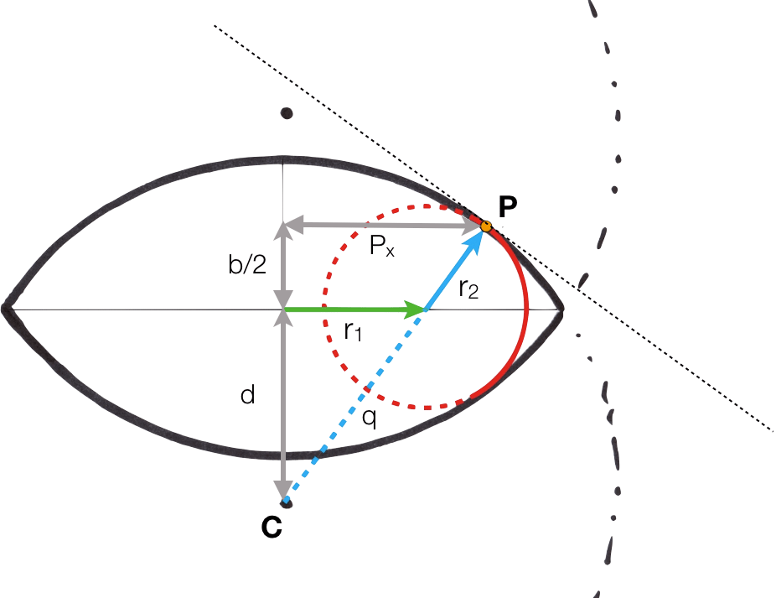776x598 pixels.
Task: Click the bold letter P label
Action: pos(508,206)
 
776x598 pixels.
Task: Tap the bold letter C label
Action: pos(272,527)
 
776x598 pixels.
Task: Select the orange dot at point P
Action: pos(486,227)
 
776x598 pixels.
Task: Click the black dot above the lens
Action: pos(287,113)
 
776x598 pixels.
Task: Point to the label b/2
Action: pos(247,263)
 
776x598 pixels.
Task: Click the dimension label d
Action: pos(247,395)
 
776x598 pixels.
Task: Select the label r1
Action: pos(353,331)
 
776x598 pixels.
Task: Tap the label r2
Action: pos(468,289)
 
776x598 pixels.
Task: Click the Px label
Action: pos(381,246)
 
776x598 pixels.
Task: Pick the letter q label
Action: pos(370,418)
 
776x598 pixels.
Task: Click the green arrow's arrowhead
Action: pos(415,309)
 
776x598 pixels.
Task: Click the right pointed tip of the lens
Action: pos(562,309)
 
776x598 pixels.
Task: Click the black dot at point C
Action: pos(287,503)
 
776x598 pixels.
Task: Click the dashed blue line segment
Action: pos(354,405)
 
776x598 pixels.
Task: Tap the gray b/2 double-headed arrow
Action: pos(283,266)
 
